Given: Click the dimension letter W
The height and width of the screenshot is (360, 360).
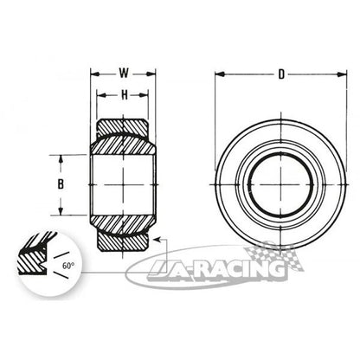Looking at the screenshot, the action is (124, 74).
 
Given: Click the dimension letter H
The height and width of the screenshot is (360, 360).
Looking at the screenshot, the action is (124, 94).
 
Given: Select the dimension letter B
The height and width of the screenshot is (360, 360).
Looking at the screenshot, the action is (61, 184).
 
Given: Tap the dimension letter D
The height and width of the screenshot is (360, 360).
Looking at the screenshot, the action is (281, 74).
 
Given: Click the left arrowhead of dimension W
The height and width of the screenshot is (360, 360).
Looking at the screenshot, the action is (95, 74).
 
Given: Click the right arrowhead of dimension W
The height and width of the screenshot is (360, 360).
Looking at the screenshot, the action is (151, 74).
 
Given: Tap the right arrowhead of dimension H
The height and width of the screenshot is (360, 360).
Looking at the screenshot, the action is (144, 95).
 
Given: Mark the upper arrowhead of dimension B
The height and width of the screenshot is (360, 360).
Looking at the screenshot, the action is (61, 159).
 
